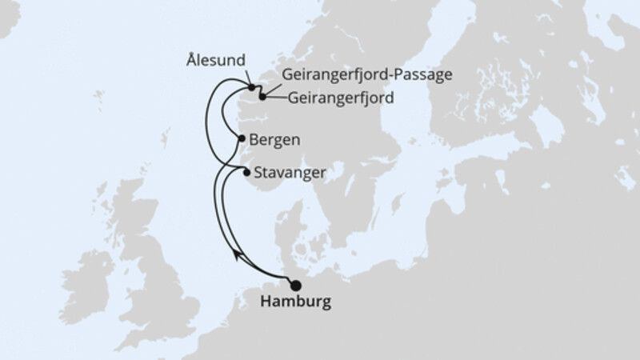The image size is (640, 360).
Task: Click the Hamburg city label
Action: [x=294, y=303]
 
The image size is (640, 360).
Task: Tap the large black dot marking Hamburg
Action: [x=295, y=285]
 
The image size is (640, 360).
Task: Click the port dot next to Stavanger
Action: [x=246, y=171]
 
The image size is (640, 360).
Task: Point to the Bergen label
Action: [x=275, y=138]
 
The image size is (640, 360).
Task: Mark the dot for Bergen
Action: [x=242, y=138]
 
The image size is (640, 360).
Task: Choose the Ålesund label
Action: [x=216, y=60]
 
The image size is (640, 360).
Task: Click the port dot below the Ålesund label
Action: [x=251, y=87]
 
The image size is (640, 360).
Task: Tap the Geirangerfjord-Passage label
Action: [x=368, y=74]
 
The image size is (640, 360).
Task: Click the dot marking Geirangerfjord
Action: [x=262, y=96]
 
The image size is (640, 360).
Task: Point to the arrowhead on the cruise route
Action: [x=237, y=254]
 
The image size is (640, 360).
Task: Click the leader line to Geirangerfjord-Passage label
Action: [x=266, y=85]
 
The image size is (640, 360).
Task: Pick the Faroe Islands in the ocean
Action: [x=99, y=99]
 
